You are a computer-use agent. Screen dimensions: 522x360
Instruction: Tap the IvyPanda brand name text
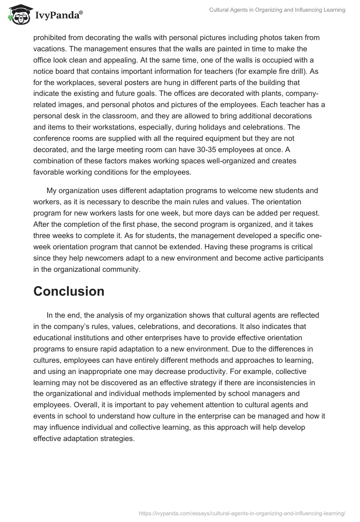[58, 16]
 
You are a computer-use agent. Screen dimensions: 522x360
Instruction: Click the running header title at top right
[277, 10]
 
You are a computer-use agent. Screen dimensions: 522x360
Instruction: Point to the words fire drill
[289, 72]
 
